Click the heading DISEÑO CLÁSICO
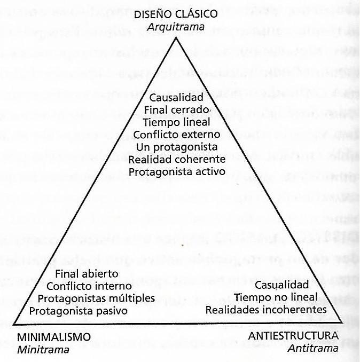click(x=176, y=14)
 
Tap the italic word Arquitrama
click(x=176, y=25)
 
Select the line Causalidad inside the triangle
click(x=176, y=99)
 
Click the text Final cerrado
click(x=176, y=111)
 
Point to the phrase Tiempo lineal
click(x=176, y=122)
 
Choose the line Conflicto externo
click(x=176, y=135)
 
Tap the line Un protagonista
click(x=176, y=147)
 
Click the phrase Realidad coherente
click(x=176, y=159)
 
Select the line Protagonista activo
click(x=176, y=171)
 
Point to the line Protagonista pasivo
click(x=78, y=310)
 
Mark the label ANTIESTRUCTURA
click(x=293, y=336)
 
